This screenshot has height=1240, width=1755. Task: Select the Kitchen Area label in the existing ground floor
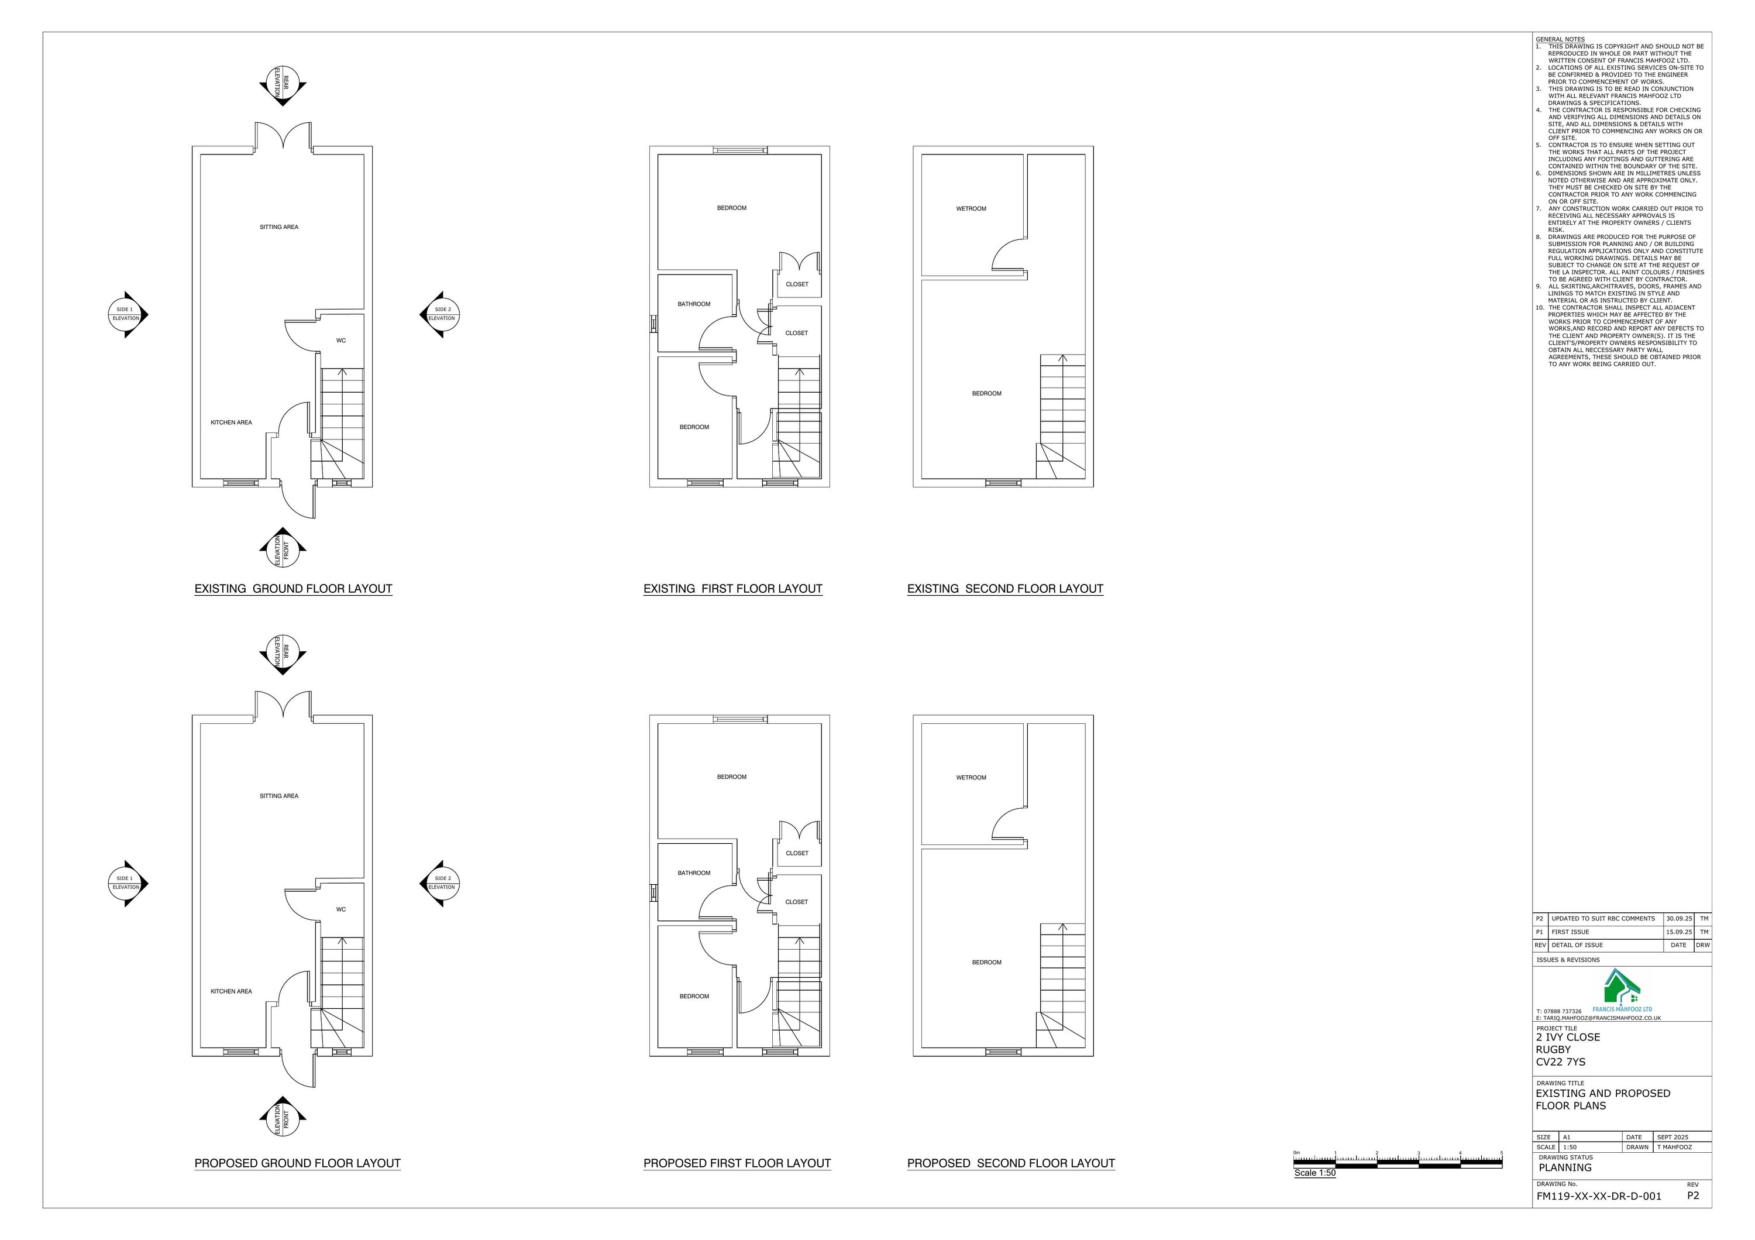pyautogui.click(x=231, y=423)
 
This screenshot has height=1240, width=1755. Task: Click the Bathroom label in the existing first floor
pyautogui.click(x=694, y=304)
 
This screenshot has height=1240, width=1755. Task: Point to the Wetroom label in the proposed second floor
pyautogui.click(x=971, y=778)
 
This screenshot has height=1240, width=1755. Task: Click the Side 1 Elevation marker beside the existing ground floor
pyautogui.click(x=127, y=314)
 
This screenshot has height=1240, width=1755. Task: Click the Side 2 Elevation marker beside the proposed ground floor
pyautogui.click(x=441, y=883)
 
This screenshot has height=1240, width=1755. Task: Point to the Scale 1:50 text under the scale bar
pyautogui.click(x=1314, y=1173)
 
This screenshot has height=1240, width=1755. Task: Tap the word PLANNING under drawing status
pyautogui.click(x=1565, y=1167)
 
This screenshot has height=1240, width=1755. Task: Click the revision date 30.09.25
pyautogui.click(x=1678, y=919)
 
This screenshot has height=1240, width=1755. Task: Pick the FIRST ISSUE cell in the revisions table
pyautogui.click(x=1570, y=932)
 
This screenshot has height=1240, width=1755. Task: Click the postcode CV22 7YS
pyautogui.click(x=1560, y=1062)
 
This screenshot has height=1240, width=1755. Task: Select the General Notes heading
pyautogui.click(x=1560, y=39)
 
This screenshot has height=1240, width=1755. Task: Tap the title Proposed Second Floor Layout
pyautogui.click(x=1010, y=1163)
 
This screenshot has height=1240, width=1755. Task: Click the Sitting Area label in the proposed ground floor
pyautogui.click(x=279, y=796)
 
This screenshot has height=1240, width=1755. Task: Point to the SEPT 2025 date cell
pyautogui.click(x=1673, y=1137)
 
